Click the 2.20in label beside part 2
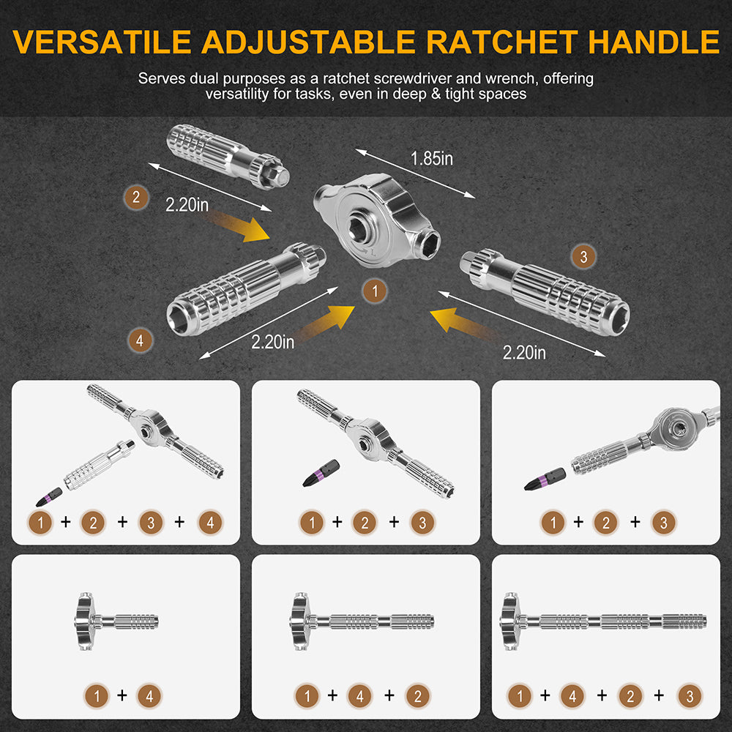[x=187, y=205]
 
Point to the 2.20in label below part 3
[x=524, y=353]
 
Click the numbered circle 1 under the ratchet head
[x=374, y=291]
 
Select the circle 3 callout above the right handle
[x=583, y=256]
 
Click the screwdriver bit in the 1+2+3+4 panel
[x=46, y=498]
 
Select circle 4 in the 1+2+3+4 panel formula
[x=210, y=522]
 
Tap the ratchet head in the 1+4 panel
[x=86, y=622]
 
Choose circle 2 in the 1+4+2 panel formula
[x=416, y=696]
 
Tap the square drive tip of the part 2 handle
[x=279, y=173]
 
